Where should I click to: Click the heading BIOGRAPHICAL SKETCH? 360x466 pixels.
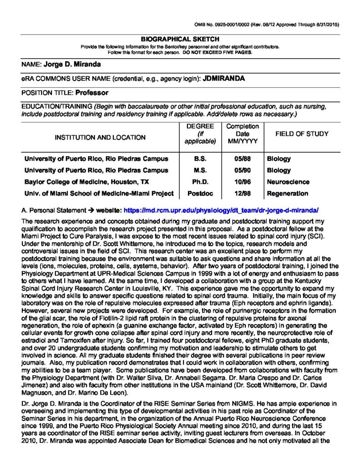pyautogui.click(x=180, y=40)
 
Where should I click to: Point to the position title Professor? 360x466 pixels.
pyautogui.click(x=92, y=92)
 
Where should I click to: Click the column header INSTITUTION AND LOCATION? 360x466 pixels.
pyautogui.click(x=100, y=137)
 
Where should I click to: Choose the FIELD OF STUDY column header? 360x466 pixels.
pyautogui.click(x=302, y=134)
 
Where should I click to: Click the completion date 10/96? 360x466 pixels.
pyautogui.click(x=242, y=182)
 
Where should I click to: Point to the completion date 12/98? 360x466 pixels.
pyautogui.click(x=242, y=193)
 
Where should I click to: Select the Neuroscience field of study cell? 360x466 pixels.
pyautogui.click(x=288, y=182)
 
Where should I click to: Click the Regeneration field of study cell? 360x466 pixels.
pyautogui.click(x=288, y=193)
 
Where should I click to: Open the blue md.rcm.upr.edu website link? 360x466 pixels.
pyautogui.click(x=221, y=211)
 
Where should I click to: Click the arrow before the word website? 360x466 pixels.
pyautogui.click(x=91, y=211)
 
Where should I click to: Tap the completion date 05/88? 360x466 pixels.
pyautogui.click(x=242, y=159)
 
